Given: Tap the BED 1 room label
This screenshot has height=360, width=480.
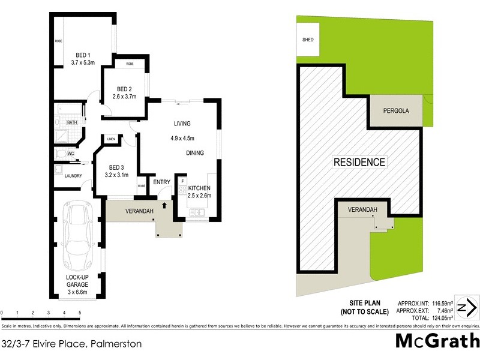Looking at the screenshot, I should (83, 53).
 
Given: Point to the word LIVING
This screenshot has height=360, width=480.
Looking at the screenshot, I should (182, 124).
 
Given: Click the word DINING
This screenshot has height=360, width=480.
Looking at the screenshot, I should (194, 153).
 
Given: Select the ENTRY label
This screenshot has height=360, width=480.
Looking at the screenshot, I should (161, 182).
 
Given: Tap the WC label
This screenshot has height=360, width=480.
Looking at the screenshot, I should (71, 154).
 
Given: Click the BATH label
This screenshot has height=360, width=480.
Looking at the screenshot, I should (72, 122).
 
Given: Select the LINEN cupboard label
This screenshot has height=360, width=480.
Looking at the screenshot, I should (111, 139).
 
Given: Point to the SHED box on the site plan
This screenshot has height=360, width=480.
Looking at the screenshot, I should (308, 40).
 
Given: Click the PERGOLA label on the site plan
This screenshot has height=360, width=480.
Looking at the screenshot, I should (396, 112).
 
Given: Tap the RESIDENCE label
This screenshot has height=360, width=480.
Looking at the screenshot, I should (359, 162).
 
